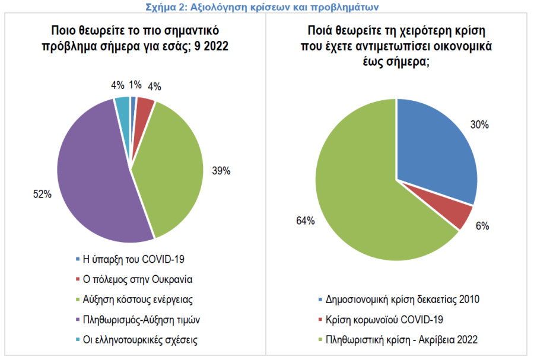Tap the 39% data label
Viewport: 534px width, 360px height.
pos(221,171)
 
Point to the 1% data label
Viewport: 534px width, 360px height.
pos(136,85)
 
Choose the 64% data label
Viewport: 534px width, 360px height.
pos(305,221)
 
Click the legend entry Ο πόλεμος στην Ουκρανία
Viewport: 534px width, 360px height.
pos(137,279)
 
